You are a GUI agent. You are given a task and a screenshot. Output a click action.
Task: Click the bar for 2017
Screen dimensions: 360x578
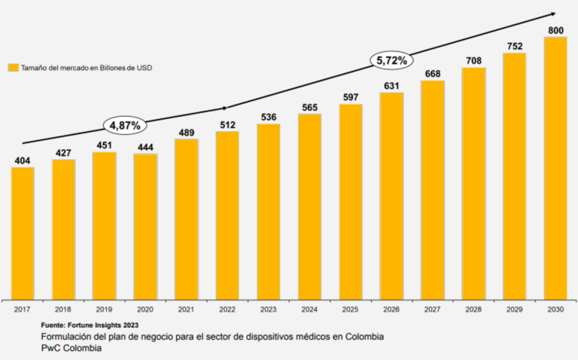[23, 233]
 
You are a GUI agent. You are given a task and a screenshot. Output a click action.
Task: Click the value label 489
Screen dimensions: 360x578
[186, 133]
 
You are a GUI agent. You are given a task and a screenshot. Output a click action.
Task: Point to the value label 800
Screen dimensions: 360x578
[555, 30]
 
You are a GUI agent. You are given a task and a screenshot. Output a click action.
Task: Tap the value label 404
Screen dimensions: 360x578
[23, 160]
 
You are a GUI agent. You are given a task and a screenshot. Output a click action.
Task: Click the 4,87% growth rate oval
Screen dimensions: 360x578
[125, 125]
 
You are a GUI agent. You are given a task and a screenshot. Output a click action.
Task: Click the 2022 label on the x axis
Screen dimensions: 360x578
[227, 309]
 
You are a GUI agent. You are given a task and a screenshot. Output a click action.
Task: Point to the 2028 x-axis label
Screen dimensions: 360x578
[473, 309]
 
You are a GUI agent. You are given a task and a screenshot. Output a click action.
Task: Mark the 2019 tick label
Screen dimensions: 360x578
[105, 309]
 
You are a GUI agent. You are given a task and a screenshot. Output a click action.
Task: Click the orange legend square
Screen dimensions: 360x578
[12, 67]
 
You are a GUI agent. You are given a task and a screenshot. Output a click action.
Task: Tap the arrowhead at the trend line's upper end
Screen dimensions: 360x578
[553, 13]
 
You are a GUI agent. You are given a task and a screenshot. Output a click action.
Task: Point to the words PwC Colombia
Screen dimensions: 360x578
[71, 348]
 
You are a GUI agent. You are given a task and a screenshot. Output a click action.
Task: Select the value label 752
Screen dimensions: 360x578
[514, 46]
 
